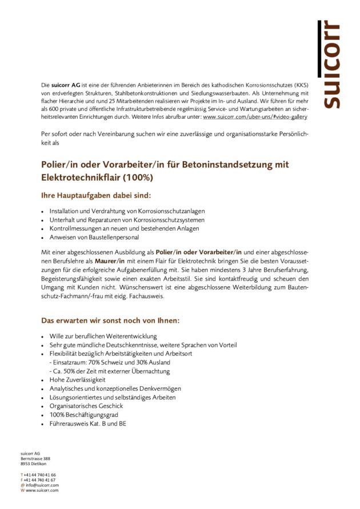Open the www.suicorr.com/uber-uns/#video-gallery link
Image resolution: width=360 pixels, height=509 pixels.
tap(255, 117)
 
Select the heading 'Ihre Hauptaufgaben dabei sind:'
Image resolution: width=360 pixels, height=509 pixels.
tap(96, 195)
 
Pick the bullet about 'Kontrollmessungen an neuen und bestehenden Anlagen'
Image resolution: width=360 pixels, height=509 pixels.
tap(124, 228)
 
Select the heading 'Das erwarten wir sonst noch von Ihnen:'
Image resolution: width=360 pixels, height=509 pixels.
tap(110, 320)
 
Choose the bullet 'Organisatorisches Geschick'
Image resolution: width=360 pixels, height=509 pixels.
tap(86, 406)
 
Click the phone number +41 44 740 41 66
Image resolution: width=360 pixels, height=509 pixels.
tap(39, 475)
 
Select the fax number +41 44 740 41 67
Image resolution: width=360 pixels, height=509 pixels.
tap(39, 480)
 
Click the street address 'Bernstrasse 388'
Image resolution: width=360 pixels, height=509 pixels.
tap(35, 459)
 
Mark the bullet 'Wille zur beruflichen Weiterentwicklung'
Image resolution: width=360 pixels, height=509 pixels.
tap(103, 336)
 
